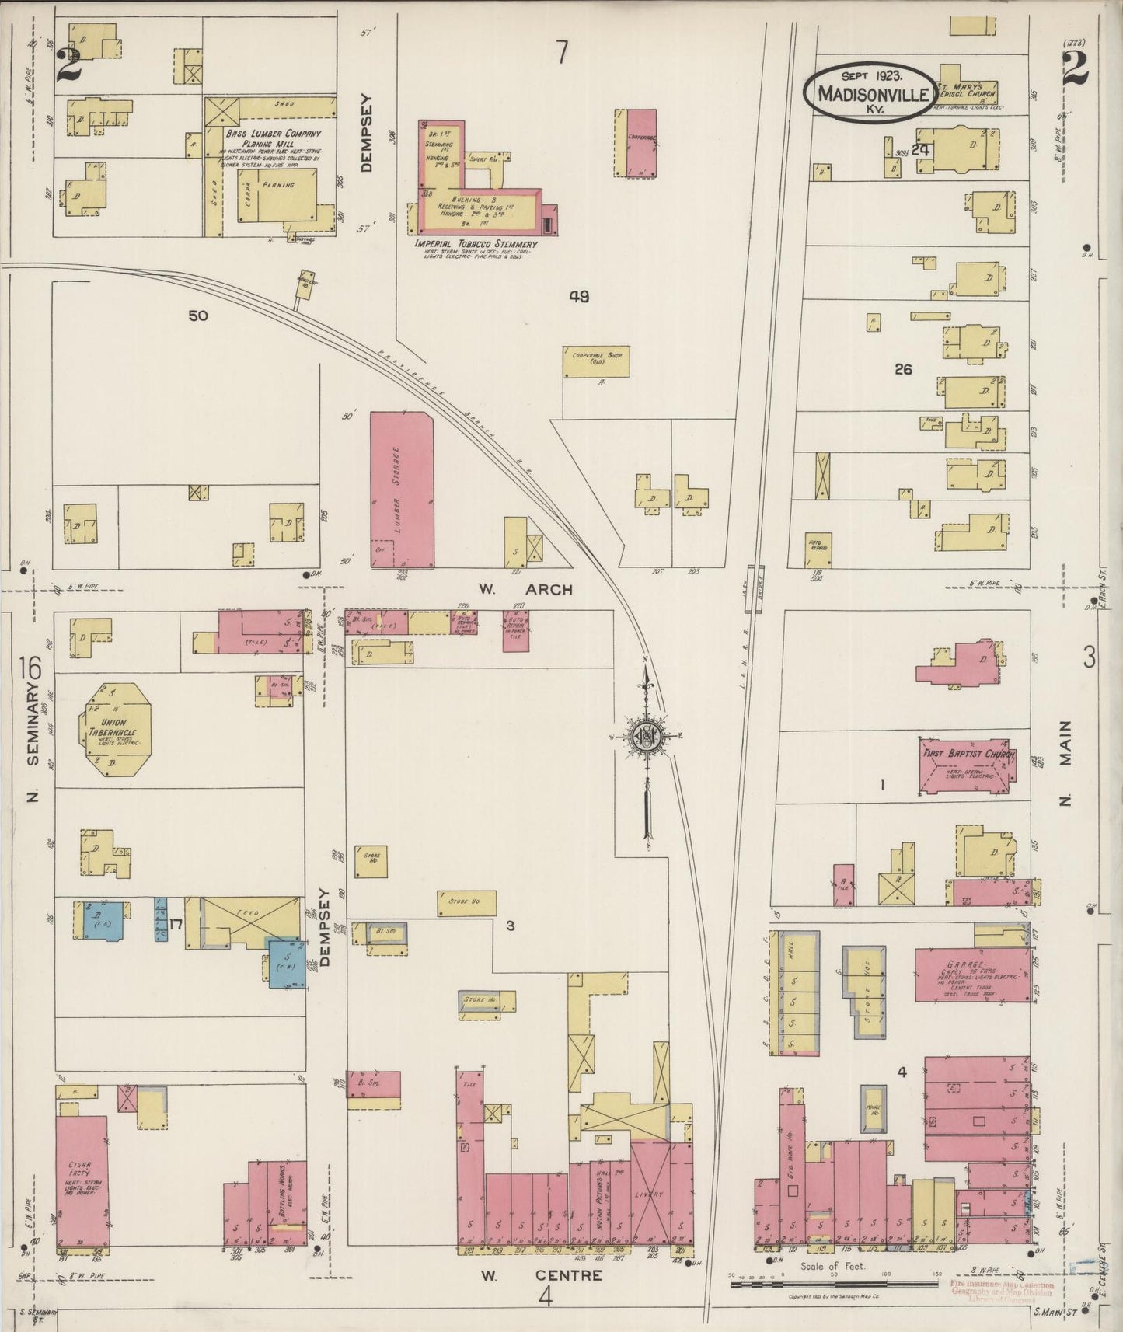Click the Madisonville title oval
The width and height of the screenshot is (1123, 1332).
tap(870, 91)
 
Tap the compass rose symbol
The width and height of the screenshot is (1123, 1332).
tap(645, 737)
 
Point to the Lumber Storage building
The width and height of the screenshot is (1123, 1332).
tap(401, 490)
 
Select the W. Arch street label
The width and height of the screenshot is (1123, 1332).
tap(525, 590)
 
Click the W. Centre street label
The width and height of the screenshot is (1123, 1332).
tap(529, 1275)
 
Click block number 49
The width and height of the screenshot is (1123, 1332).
tap(578, 296)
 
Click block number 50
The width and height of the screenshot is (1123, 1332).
tap(198, 316)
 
